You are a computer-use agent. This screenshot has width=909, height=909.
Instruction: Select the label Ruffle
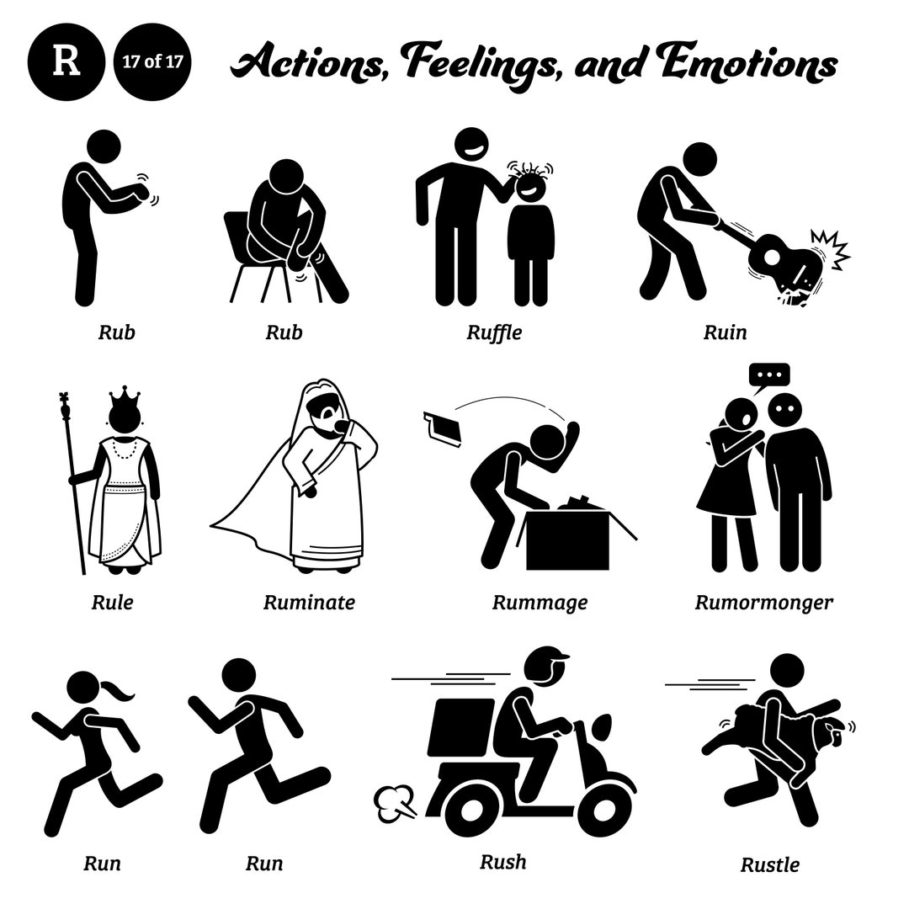pos(494,332)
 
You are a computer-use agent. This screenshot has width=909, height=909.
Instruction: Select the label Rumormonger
pos(763,602)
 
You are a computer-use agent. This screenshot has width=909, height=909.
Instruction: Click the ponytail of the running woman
pos(118,690)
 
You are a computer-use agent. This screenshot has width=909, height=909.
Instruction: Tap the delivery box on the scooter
pos(461,726)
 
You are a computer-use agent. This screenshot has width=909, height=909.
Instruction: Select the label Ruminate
pos(309,602)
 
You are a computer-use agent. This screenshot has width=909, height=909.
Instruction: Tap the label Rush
pos(502,862)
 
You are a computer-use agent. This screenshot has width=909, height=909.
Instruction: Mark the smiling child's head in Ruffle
pos(529,186)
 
